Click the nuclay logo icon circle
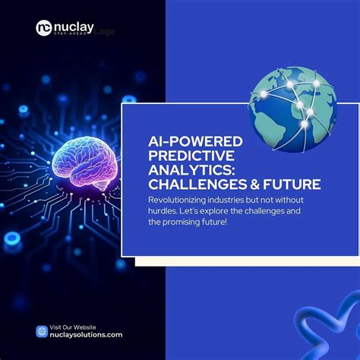(45, 28)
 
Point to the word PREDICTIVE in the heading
(183, 156)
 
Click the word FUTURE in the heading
(294, 185)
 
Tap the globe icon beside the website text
(43, 331)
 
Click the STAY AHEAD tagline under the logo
(71, 35)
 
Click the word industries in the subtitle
(229, 199)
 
